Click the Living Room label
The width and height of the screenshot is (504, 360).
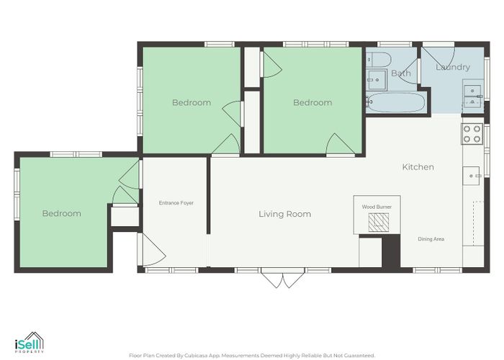285,214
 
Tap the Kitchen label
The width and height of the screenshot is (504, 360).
418,167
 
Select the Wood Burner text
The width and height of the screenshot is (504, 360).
377,207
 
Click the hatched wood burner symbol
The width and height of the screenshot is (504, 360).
379,222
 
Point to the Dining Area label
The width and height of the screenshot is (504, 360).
431,239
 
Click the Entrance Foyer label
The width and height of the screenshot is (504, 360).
176,203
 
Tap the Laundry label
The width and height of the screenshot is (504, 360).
453,67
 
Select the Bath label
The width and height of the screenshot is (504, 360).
401,73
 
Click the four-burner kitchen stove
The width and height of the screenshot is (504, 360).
472,134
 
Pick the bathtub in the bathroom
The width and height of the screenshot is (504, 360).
397,102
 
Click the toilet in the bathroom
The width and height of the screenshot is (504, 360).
379,60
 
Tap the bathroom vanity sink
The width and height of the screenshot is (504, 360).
377,79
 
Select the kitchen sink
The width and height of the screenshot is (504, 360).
471,176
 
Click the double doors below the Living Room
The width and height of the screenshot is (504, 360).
282,278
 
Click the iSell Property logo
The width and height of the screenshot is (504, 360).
30,343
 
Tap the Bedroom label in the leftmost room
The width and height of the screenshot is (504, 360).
62,213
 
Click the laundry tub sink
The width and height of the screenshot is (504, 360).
473,96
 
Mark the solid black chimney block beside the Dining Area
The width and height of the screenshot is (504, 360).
390,251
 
